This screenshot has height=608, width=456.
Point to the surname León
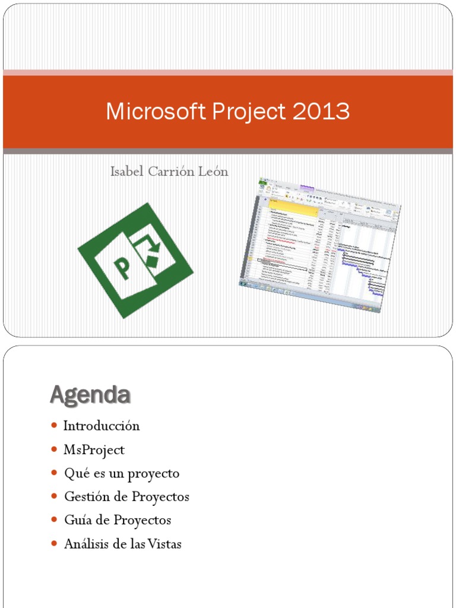(x=213, y=172)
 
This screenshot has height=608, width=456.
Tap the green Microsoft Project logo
(x=135, y=260)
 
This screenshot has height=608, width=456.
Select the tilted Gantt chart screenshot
(x=321, y=244)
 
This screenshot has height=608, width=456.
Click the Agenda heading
(x=90, y=394)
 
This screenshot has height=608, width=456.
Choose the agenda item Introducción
(x=102, y=426)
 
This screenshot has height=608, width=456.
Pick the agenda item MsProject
(x=94, y=450)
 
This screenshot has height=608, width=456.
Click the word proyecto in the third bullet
(x=156, y=474)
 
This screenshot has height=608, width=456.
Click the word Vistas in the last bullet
(x=165, y=544)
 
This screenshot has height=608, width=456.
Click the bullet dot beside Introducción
(x=54, y=426)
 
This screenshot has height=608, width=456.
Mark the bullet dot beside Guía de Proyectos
(x=54, y=520)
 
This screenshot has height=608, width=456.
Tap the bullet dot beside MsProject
(x=54, y=449)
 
